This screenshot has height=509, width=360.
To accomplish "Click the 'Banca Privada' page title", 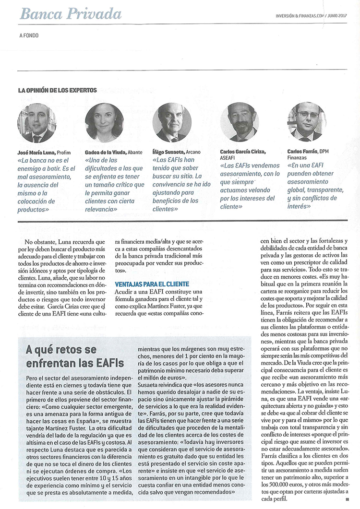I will pyautogui.click(x=71, y=13).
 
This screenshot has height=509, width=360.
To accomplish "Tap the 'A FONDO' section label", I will pyautogui.click(x=29, y=36).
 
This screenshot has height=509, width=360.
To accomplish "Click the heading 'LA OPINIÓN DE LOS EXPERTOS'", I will pyautogui.click(x=58, y=90).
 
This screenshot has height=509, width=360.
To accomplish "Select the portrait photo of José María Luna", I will pyautogui.click(x=37, y=123).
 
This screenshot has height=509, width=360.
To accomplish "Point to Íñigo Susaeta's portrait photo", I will pyautogui.click(x=172, y=123).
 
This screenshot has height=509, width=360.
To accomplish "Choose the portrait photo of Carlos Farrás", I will pyautogui.click(x=307, y=122).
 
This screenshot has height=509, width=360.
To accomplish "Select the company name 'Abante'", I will pyautogui.click(x=134, y=152).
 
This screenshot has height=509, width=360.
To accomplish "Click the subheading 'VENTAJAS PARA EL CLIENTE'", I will pyautogui.click(x=152, y=284).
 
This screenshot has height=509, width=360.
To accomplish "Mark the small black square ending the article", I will pyautogui.click(x=347, y=499).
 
